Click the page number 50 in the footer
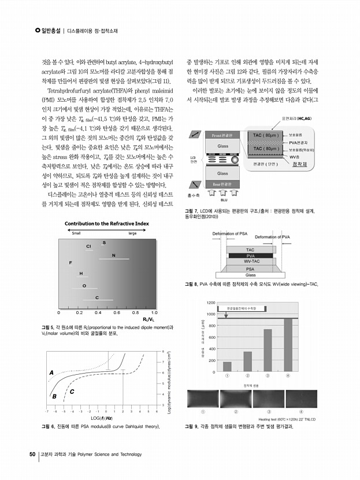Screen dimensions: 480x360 click(32, 454)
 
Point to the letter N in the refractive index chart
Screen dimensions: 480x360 click(113, 255)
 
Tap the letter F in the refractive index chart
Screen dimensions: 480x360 click(70, 263)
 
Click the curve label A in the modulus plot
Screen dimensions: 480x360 click(51, 372)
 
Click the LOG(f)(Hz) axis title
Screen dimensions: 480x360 click(101, 417)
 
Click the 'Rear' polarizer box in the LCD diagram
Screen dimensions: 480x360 click(222, 184)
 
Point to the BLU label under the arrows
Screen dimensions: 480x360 click(224, 200)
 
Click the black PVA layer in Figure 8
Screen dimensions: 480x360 click(250, 255)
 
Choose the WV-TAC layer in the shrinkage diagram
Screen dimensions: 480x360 click(250, 261)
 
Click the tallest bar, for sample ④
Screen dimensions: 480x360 click(287, 345)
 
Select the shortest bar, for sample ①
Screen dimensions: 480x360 click(227, 366)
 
